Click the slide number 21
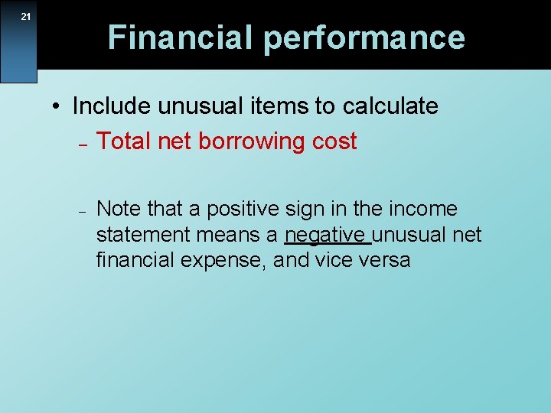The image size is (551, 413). click(25, 17)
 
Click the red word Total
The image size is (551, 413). click(122, 141)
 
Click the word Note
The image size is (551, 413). click(120, 209)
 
